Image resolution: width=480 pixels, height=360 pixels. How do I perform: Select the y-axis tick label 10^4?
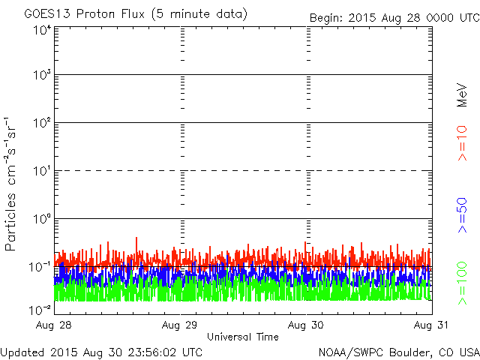tap(42, 30)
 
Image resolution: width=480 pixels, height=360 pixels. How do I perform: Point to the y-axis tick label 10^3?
tap(42, 75)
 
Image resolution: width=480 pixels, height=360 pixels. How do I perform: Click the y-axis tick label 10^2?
tap(42, 123)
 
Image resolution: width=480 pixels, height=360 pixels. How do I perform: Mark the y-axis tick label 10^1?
tap(42, 171)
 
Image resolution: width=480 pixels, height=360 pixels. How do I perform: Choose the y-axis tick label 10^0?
tap(42, 219)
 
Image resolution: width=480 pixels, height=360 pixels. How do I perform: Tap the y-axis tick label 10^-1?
tap(40, 267)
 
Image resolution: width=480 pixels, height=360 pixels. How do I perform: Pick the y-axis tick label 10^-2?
tap(40, 309)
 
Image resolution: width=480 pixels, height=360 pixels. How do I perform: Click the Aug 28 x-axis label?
tap(54, 325)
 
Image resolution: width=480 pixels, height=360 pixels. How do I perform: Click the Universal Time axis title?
tap(242, 337)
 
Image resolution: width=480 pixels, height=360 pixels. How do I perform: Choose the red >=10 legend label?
tap(462, 142)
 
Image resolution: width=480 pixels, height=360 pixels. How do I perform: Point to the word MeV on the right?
tap(462, 95)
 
